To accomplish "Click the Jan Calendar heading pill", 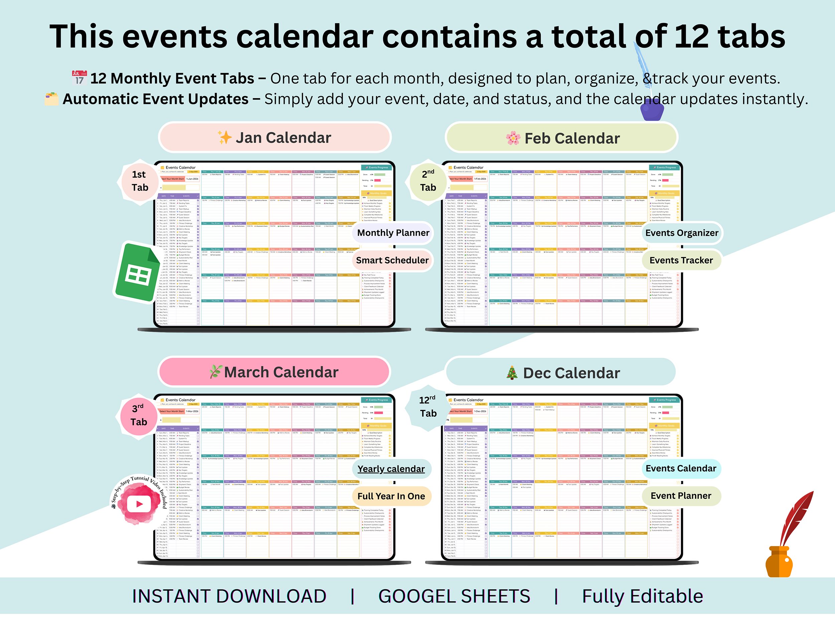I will click(275, 138).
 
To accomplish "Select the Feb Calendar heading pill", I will click(562, 138).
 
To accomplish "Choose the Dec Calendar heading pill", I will click(561, 373).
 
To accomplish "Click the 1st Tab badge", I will click(139, 181).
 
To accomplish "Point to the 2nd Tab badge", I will click(428, 181).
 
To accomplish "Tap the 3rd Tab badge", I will click(139, 415).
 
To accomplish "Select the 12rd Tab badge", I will click(428, 407).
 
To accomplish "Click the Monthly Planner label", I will click(393, 233).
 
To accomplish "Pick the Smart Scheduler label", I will click(392, 260).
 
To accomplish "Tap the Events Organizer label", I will click(681, 233).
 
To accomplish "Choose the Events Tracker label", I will click(681, 260).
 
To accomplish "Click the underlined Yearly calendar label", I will click(391, 469).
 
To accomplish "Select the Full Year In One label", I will click(391, 496).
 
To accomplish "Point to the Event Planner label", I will click(681, 496).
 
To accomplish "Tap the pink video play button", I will click(139, 504).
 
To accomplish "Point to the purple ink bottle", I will click(652, 108).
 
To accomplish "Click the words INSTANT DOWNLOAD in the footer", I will click(229, 597).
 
